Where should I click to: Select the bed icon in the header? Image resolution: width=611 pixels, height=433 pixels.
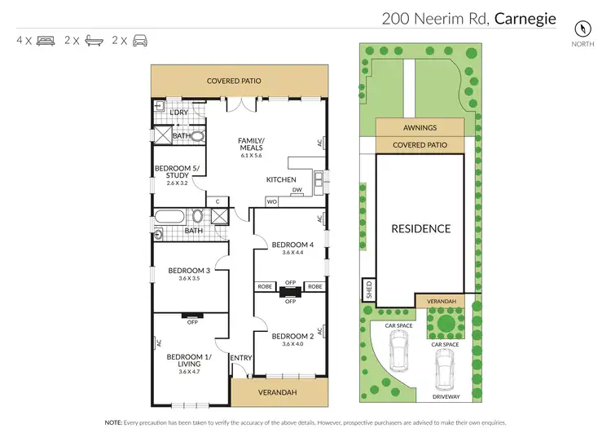(45, 39)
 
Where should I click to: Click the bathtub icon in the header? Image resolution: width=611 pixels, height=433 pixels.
(93, 39)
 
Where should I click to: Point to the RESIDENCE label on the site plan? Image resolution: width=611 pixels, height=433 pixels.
(420, 228)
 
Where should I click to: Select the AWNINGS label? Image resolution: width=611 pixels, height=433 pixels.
(420, 128)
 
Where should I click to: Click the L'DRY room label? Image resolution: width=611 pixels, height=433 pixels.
(179, 113)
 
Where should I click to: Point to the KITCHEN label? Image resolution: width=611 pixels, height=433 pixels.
(281, 179)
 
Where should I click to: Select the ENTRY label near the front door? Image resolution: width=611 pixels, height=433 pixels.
(241, 358)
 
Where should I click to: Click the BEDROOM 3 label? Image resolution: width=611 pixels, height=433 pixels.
(189, 271)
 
